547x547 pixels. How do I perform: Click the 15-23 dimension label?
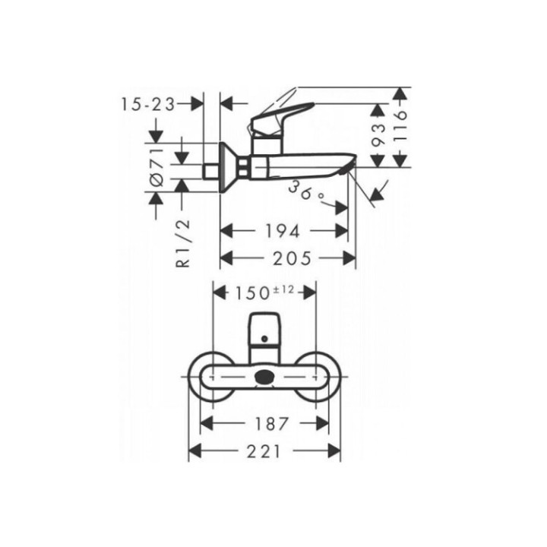pos(148,105)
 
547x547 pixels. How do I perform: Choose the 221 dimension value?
pos(264,451)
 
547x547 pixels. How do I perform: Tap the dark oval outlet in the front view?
pos(265,375)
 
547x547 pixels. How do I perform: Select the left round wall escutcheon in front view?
pos(213,376)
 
